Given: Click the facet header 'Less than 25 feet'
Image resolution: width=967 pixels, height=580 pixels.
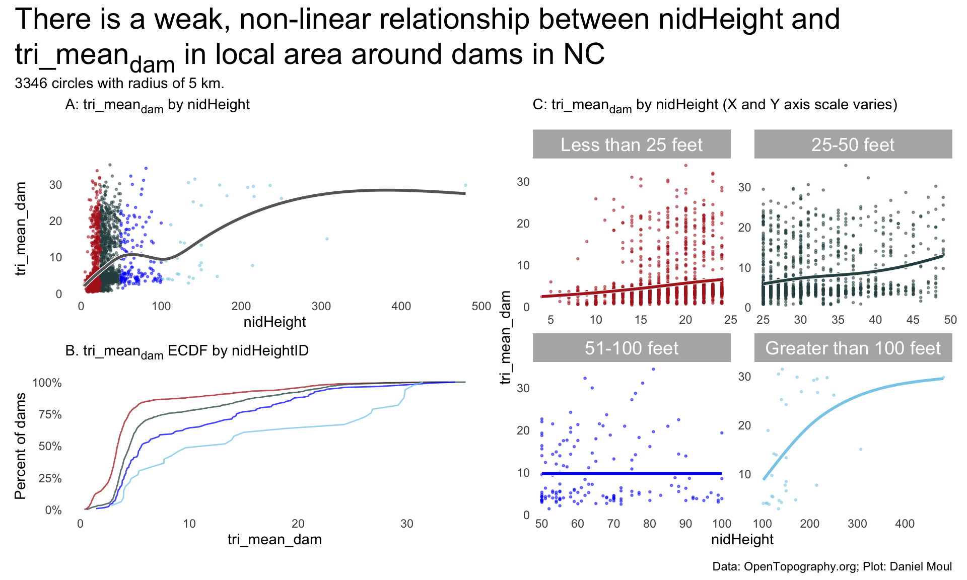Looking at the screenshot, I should pyautogui.click(x=631, y=144).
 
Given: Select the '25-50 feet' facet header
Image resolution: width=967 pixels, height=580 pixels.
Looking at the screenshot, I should pyautogui.click(x=853, y=144).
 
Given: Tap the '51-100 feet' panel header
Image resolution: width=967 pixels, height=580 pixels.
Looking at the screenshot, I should pyautogui.click(x=631, y=348).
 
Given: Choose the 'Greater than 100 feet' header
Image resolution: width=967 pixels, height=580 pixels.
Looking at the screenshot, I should pyautogui.click(x=853, y=348).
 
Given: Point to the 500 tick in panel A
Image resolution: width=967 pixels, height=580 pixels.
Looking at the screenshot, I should pyautogui.click(x=481, y=306).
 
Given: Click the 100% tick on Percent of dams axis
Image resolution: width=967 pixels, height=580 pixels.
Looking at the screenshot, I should pyautogui.click(x=47, y=383).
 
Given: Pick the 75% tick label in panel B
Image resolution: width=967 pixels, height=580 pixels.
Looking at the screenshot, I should pyautogui.click(x=50, y=414).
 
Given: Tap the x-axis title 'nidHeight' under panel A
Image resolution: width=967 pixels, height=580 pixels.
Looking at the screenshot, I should pyautogui.click(x=274, y=322).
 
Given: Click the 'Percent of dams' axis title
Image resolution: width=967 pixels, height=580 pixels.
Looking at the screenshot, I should pyautogui.click(x=20, y=446).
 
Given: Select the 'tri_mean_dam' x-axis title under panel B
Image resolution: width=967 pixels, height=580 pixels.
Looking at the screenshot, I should pyautogui.click(x=274, y=540).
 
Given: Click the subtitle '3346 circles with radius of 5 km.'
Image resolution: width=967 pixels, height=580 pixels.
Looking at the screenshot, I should pyautogui.click(x=119, y=83).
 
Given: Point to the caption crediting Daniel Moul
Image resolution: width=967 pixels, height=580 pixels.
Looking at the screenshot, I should pyautogui.click(x=832, y=566).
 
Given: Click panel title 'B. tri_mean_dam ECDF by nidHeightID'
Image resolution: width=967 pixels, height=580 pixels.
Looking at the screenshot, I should pyautogui.click(x=187, y=351).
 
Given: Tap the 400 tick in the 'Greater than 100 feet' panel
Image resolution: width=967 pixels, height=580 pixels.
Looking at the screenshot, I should pyautogui.click(x=905, y=524).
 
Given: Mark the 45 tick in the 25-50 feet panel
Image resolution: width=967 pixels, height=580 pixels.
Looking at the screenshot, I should pyautogui.click(x=913, y=320).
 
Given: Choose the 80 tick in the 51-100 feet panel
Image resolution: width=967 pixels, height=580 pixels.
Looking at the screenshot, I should pyautogui.click(x=650, y=524).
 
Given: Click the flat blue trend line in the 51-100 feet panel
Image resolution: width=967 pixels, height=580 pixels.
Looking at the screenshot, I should pyautogui.click(x=632, y=473).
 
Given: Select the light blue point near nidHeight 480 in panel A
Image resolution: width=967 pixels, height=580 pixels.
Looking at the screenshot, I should pyautogui.click(x=465, y=185).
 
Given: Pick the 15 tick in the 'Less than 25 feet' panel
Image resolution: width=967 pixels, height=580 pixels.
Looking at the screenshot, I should pyautogui.click(x=640, y=320).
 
